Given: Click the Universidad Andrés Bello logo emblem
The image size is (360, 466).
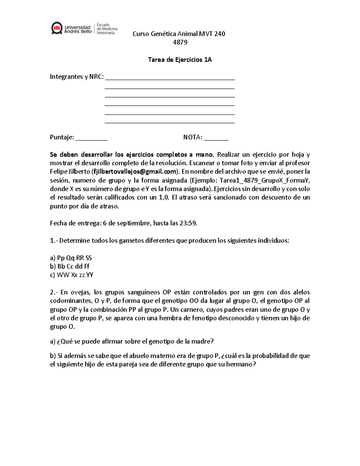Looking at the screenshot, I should click(57, 28).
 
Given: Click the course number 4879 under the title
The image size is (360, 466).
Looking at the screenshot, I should click(180, 42).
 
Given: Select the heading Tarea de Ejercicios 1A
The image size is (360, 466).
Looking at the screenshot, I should click(180, 60).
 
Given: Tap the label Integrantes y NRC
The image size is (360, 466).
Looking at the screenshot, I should click(77, 77).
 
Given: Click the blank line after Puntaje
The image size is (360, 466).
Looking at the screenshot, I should click(91, 138).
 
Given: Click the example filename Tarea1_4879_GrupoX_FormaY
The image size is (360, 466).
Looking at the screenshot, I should click(265, 181).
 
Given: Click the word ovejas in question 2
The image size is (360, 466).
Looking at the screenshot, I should click(81, 292).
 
